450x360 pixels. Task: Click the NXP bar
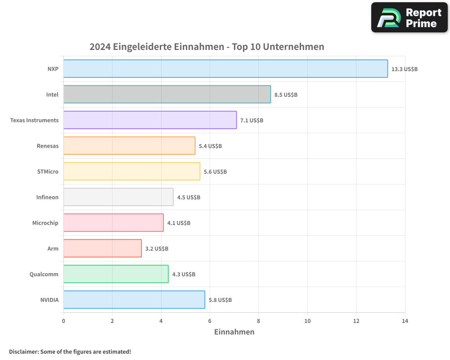[x=225, y=69]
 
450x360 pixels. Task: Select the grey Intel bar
[x=167, y=94]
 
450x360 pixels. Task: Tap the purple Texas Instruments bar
[x=150, y=120]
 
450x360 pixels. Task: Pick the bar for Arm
[x=103, y=248]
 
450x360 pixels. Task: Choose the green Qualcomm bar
[x=116, y=274]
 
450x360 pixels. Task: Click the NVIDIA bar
[x=134, y=300]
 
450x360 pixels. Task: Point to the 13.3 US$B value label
[x=405, y=69]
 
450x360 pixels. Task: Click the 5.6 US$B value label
[x=215, y=172]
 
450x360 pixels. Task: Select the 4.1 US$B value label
[x=179, y=223]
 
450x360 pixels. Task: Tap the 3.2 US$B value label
[x=157, y=249]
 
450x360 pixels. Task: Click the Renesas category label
[x=48, y=146]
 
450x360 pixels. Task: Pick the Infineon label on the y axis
[x=47, y=198]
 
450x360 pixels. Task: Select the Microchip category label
[x=45, y=223]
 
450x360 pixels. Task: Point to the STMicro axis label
[x=48, y=172]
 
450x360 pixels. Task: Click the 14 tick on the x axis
[x=405, y=321]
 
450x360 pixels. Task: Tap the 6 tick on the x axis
[x=210, y=321]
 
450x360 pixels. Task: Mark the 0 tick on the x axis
[x=63, y=321]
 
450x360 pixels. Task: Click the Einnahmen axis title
[x=234, y=332]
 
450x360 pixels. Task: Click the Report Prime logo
[x=409, y=18]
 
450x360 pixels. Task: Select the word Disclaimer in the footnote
[x=23, y=352]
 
